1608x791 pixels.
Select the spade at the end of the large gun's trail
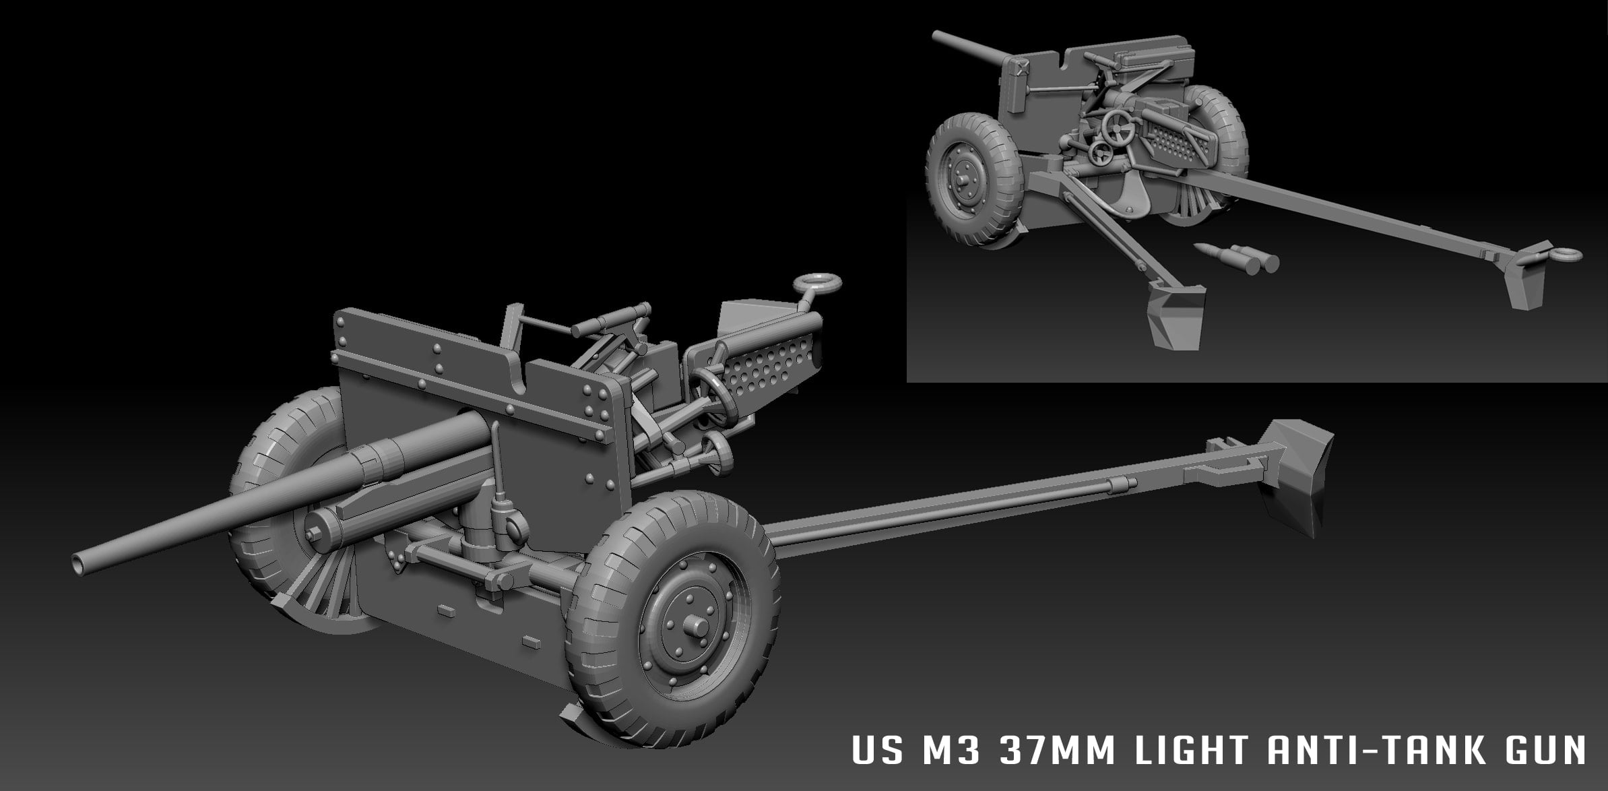1293,472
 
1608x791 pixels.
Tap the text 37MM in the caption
1052,752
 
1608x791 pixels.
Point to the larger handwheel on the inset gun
1120,125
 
